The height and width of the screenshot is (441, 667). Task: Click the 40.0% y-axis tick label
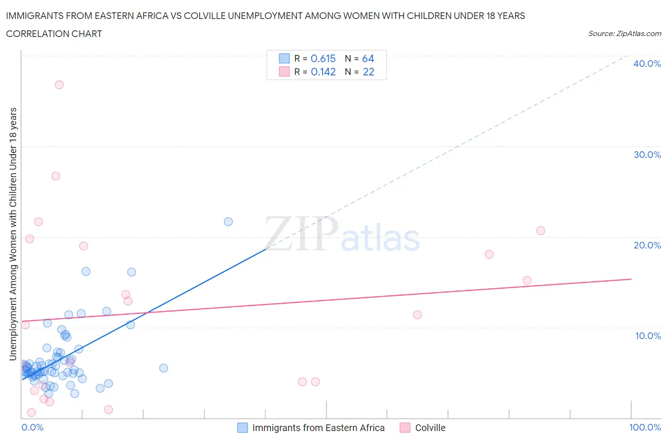tap(647, 64)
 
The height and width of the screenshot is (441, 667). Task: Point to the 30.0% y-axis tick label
tap(647, 155)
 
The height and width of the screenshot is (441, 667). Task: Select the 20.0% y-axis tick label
tap(647, 245)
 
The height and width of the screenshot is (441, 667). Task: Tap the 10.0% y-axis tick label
tap(648, 336)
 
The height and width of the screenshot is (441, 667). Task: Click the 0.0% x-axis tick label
tap(32, 427)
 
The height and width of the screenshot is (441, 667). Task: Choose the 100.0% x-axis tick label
tap(645, 427)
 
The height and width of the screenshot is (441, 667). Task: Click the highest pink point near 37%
tap(59, 85)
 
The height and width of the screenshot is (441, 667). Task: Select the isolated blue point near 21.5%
tap(228, 221)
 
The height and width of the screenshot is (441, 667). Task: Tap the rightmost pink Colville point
tap(541, 230)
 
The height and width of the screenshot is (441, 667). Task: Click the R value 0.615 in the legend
tap(323, 58)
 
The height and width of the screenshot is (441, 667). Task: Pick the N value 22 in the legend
tap(369, 72)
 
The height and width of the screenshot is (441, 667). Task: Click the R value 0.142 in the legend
tap(323, 72)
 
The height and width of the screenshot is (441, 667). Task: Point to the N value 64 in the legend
tap(368, 58)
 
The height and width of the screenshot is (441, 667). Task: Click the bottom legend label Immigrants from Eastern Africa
tap(318, 428)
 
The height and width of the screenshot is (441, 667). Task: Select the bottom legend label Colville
tap(430, 428)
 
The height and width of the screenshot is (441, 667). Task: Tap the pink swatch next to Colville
tap(405, 428)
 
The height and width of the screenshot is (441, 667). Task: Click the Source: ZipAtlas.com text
tap(624, 34)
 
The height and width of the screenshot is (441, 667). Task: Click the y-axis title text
tap(13, 234)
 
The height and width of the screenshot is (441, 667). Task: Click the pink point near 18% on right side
tap(489, 254)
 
